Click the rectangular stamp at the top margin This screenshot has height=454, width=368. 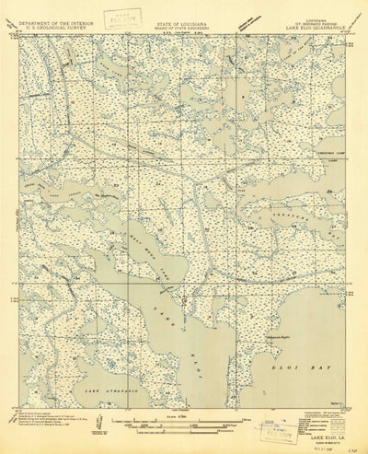(x=115, y=16)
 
